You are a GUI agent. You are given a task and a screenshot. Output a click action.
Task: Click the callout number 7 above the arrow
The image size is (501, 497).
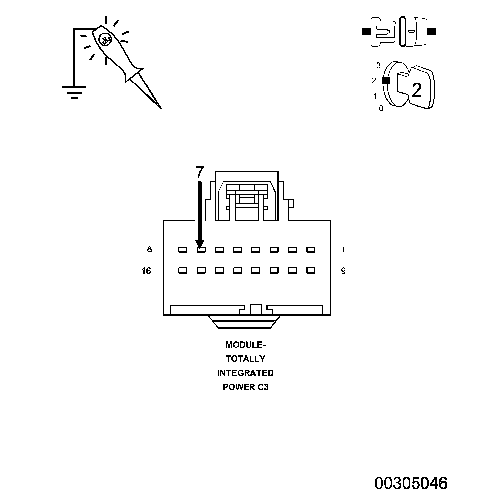(199, 172)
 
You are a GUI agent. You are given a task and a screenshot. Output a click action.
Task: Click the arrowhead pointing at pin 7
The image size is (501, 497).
(200, 243)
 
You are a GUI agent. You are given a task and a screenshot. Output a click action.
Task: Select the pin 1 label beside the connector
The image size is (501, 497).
(343, 249)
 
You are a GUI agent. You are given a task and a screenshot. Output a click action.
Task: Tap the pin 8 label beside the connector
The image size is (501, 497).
(149, 249)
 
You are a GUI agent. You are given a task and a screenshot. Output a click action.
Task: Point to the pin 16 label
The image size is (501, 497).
(147, 271)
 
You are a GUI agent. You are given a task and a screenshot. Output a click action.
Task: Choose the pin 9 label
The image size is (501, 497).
(343, 271)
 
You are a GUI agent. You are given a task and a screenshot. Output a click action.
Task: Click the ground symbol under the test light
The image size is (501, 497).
(74, 92)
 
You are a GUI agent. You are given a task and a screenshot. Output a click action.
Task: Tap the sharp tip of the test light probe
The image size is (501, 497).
(160, 107)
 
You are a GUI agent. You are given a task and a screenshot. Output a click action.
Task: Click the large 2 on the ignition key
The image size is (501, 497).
(417, 90)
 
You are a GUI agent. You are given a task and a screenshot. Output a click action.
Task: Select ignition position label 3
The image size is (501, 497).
(378, 65)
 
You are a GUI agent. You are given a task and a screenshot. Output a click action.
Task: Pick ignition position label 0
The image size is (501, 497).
(381, 108)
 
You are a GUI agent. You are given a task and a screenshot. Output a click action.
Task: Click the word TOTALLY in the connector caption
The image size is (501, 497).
(246, 359)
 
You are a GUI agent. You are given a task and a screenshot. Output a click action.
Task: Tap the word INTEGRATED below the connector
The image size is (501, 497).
(246, 373)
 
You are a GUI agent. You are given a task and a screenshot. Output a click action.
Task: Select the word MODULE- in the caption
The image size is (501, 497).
(246, 344)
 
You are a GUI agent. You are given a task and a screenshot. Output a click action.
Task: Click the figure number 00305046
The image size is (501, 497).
(411, 483)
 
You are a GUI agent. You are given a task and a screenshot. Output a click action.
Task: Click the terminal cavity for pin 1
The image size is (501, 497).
(311, 249)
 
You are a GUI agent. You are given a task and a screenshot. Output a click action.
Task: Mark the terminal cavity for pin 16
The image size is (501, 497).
(183, 271)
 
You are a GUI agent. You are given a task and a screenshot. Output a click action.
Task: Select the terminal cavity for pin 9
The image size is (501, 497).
(311, 271)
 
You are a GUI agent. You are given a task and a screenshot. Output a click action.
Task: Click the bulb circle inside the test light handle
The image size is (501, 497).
(105, 39)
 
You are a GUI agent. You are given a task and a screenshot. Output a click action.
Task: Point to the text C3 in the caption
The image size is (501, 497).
(263, 387)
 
